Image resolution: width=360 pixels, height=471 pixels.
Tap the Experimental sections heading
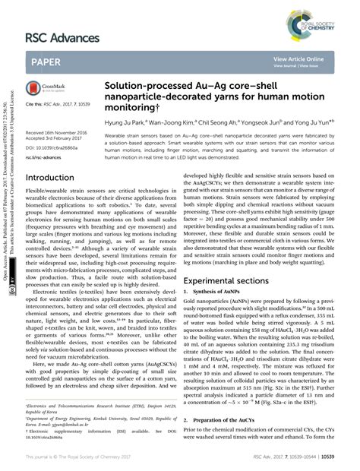click(228, 302)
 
